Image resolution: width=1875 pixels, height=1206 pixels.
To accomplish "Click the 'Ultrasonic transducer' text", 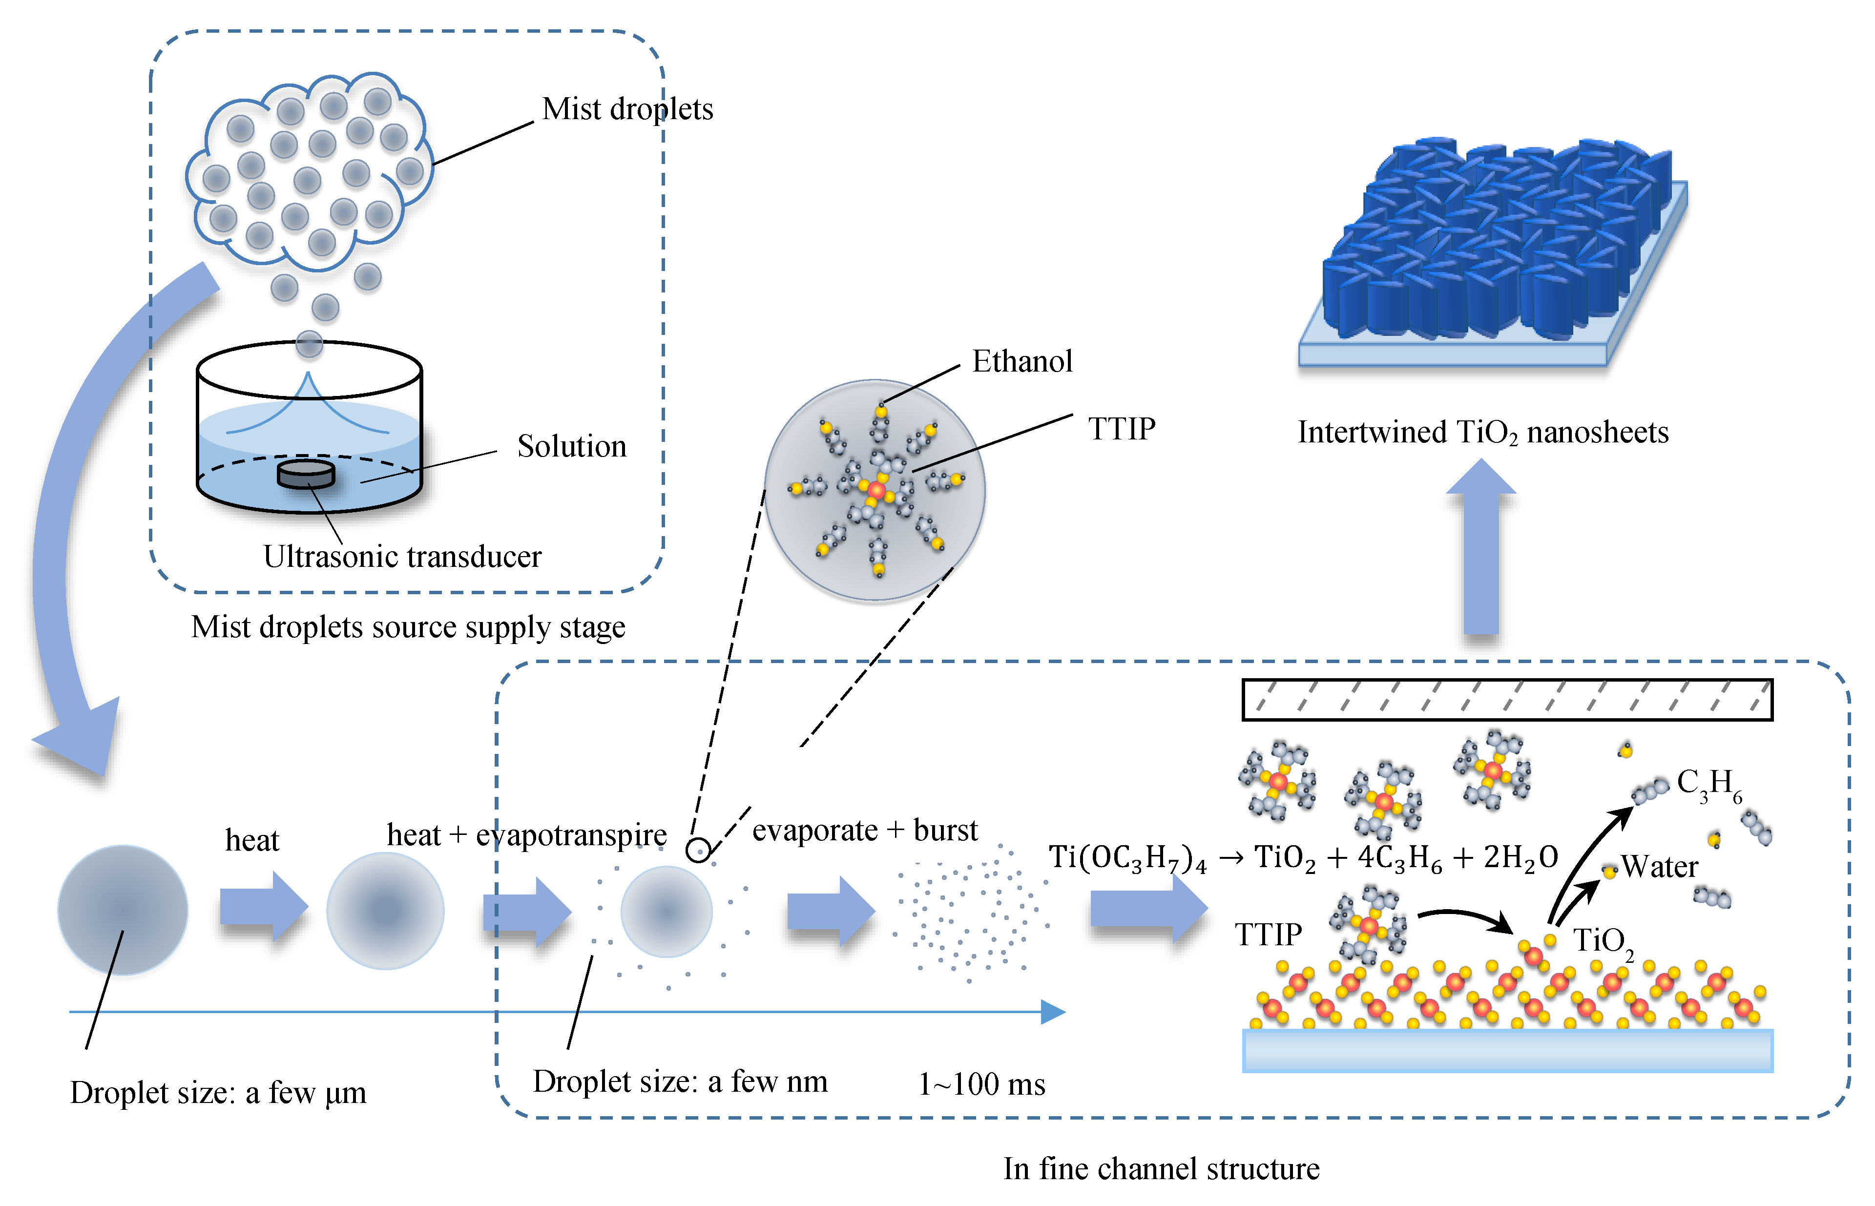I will (402, 557).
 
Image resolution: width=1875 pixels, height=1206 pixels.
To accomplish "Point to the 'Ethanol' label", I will (1021, 361).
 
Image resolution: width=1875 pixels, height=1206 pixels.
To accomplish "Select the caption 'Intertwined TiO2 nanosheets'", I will (1482, 432).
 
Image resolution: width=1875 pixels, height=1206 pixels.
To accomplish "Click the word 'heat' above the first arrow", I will (251, 840).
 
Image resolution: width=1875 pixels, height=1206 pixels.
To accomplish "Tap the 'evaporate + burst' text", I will (865, 830).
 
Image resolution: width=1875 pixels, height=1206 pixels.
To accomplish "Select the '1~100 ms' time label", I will (981, 1084).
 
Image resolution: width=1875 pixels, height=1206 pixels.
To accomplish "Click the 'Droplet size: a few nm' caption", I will (680, 1081).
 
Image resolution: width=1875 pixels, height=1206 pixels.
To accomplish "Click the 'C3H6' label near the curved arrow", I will (1708, 783).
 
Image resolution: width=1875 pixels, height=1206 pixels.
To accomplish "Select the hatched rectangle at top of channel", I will (1507, 699).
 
